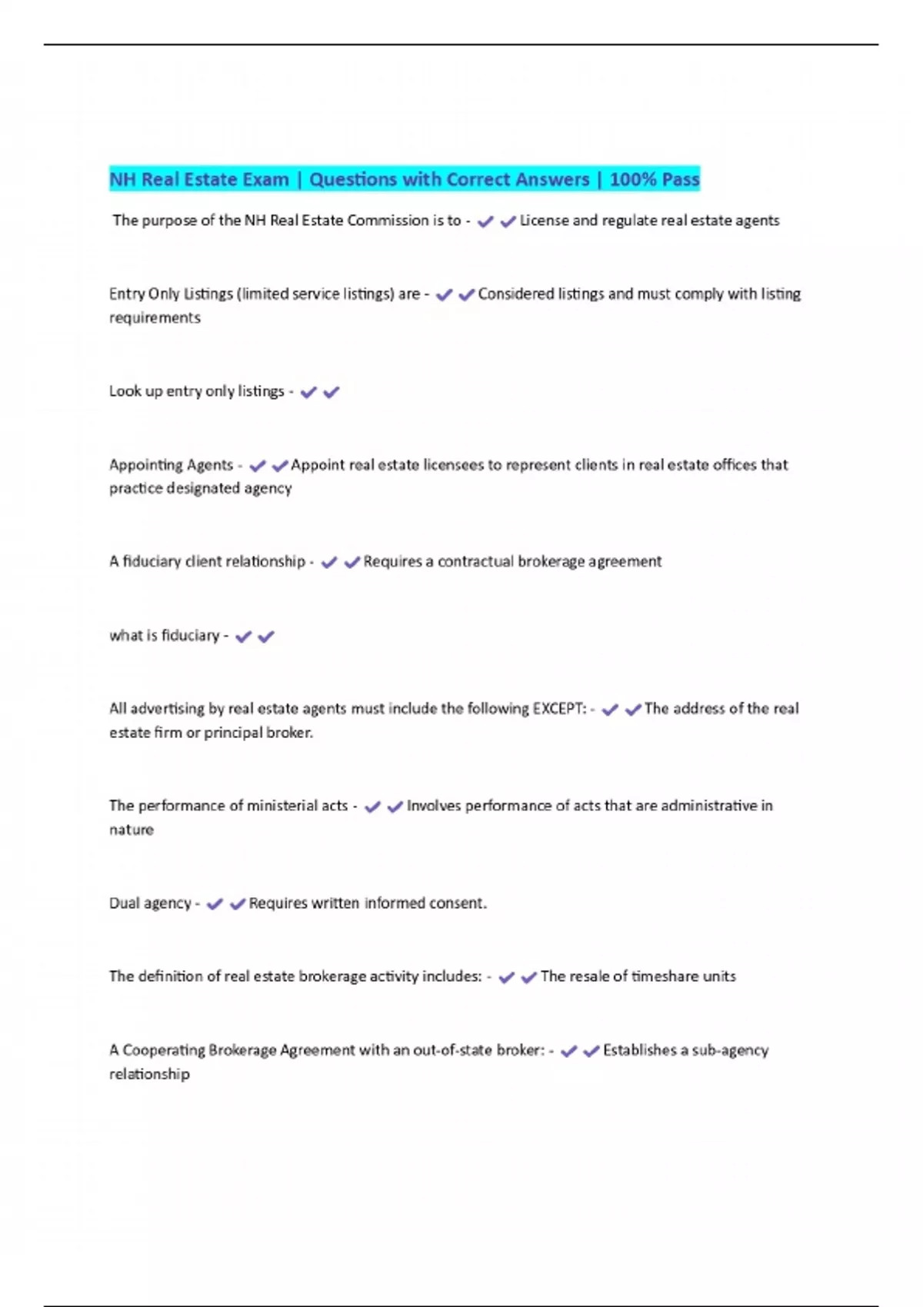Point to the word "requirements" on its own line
point(155,318)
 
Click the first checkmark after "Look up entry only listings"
point(308,392)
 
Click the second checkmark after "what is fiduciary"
point(266,637)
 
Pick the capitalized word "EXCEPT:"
point(559,708)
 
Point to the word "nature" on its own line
point(132,830)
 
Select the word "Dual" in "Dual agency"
point(123,903)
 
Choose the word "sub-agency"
point(730,1050)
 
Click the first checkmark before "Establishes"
point(569,1051)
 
